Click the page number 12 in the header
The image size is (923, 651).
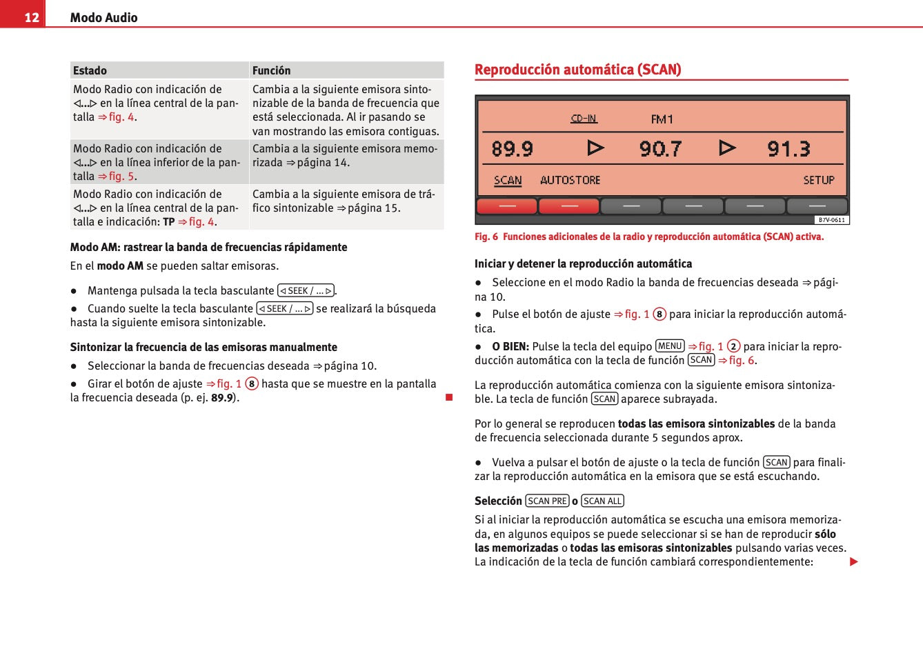(x=32, y=17)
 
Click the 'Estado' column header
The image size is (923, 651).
(x=90, y=70)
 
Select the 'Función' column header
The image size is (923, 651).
(x=271, y=70)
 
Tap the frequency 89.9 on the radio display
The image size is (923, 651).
(x=512, y=149)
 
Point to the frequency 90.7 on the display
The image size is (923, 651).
(x=660, y=149)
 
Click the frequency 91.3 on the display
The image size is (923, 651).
(x=788, y=149)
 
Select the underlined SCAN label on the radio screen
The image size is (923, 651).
(x=508, y=180)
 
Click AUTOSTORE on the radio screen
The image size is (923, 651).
(x=570, y=180)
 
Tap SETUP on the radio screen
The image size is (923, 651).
(x=819, y=180)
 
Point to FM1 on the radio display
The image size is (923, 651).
(x=662, y=119)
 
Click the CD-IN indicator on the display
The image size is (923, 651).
(x=584, y=119)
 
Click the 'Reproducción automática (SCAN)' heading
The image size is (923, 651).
(x=577, y=70)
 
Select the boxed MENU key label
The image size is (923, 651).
(x=669, y=346)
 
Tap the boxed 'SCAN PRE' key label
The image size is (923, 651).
(x=547, y=501)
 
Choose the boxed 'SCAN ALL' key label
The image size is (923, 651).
(x=602, y=501)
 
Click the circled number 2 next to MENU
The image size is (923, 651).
(x=733, y=346)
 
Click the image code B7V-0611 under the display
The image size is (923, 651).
(x=831, y=220)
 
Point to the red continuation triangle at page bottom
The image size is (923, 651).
(x=853, y=562)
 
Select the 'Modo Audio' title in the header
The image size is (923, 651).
(x=103, y=18)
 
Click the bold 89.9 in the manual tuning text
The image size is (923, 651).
(x=222, y=398)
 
